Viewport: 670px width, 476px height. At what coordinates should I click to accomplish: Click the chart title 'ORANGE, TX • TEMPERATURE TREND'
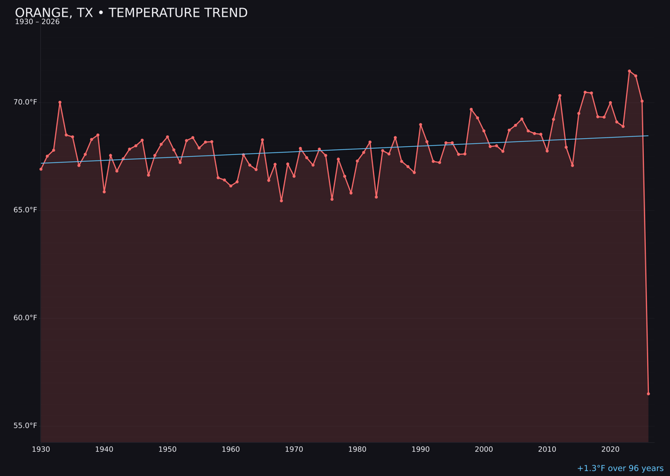[131, 13]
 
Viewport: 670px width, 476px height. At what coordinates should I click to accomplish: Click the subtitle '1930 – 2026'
[37, 22]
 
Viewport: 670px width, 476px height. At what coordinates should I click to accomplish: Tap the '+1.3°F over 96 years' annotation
[620, 469]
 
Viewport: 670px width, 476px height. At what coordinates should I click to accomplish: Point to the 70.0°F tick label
[26, 102]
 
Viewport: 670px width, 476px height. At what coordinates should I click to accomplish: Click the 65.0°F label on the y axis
[26, 210]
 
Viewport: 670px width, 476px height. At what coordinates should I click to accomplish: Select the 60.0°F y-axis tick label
[26, 318]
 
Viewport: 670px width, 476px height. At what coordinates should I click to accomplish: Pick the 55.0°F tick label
[26, 426]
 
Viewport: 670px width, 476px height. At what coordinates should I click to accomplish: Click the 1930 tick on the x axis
[41, 449]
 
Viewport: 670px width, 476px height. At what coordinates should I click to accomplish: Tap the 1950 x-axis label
[167, 449]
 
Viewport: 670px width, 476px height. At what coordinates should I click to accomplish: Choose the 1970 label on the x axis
[294, 449]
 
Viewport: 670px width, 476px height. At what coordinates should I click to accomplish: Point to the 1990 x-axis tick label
[421, 449]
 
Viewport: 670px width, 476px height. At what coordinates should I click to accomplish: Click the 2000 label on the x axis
[484, 449]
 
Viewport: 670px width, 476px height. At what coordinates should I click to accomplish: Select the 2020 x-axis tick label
[610, 449]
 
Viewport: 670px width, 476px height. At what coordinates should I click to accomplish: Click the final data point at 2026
[648, 394]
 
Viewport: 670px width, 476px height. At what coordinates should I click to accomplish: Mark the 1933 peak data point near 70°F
[60, 102]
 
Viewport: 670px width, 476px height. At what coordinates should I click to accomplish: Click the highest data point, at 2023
[629, 71]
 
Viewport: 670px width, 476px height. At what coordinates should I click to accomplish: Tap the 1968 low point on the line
[281, 201]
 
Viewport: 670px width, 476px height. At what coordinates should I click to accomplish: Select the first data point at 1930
[41, 169]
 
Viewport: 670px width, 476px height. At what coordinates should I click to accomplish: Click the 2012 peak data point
[560, 96]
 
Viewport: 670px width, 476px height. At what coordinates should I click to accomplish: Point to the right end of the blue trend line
[648, 136]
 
